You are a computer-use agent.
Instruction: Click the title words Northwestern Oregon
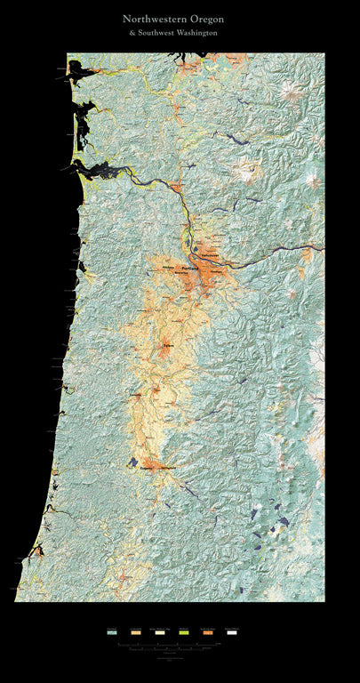[x=173, y=18]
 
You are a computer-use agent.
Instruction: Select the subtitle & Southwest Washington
[x=173, y=32]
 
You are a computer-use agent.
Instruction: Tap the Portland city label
[x=188, y=266]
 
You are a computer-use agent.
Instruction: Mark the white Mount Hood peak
[x=294, y=293]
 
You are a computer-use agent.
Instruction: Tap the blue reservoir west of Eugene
[x=132, y=462]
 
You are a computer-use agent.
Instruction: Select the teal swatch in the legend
[x=112, y=632]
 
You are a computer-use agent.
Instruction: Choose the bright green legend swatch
[x=184, y=632]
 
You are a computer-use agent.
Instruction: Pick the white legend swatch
[x=232, y=632]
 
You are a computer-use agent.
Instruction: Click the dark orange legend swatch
[x=208, y=632]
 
